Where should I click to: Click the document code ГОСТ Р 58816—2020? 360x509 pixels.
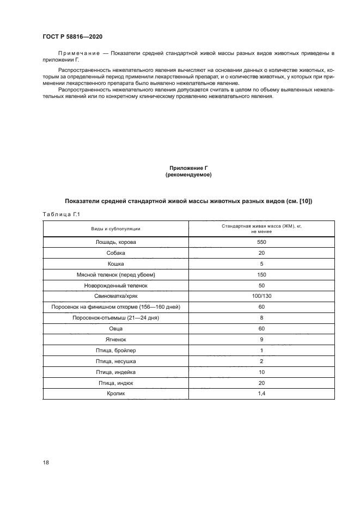pos(72,36)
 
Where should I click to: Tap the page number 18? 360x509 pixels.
pos(46,462)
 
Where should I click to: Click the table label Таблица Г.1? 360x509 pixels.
pos(61,214)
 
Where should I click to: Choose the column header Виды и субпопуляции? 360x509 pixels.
pos(115,229)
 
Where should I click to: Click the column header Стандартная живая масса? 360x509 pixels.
pos(261,225)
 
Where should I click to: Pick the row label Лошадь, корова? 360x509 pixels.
pos(115,242)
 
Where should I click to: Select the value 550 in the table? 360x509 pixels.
pos(261,242)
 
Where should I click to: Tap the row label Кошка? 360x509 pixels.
pos(115,263)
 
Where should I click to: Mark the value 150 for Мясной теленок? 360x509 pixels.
pos(261,274)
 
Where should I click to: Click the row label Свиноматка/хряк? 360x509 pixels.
pos(115,296)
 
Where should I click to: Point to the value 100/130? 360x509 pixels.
pos(261,296)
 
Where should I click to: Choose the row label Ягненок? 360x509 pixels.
pos(115,339)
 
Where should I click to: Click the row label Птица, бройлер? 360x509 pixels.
pos(115,350)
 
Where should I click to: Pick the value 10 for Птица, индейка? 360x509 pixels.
pos(261,372)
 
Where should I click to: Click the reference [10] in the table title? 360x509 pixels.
pos(304,201)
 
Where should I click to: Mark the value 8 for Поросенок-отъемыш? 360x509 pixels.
pos(261,317)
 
